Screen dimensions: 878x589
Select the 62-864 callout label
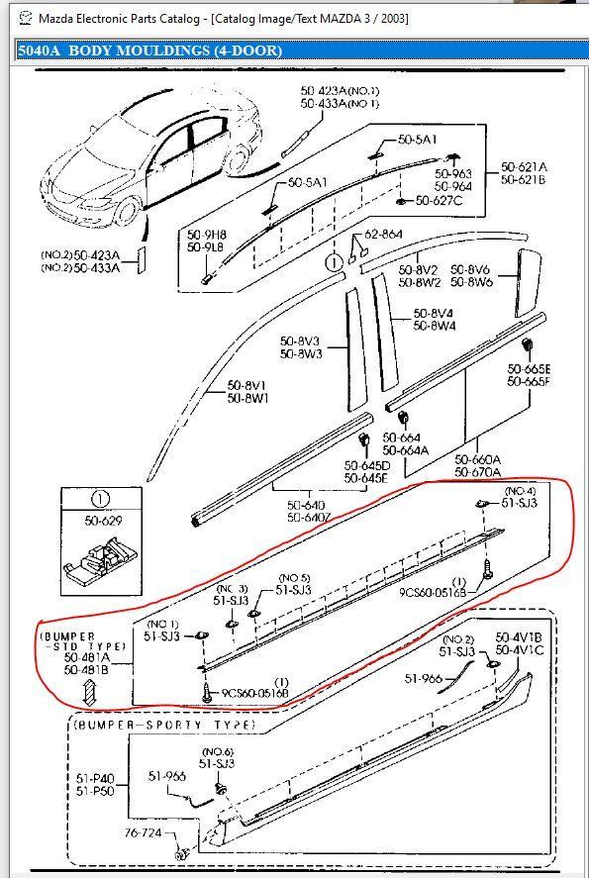click(384, 235)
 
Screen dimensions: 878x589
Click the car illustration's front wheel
click(127, 209)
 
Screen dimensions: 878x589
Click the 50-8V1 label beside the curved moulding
click(247, 385)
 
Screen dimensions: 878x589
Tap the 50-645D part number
click(366, 465)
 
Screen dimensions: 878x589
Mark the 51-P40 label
click(95, 778)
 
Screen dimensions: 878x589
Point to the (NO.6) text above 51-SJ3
click(217, 751)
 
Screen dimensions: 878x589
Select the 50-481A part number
click(87, 656)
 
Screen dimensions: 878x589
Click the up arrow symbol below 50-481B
click(87, 689)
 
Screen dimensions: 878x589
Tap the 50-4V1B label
click(518, 636)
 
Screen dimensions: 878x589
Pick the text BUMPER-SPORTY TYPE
click(163, 725)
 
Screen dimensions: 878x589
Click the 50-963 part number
click(454, 172)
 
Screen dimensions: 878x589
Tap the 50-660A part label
click(478, 459)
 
